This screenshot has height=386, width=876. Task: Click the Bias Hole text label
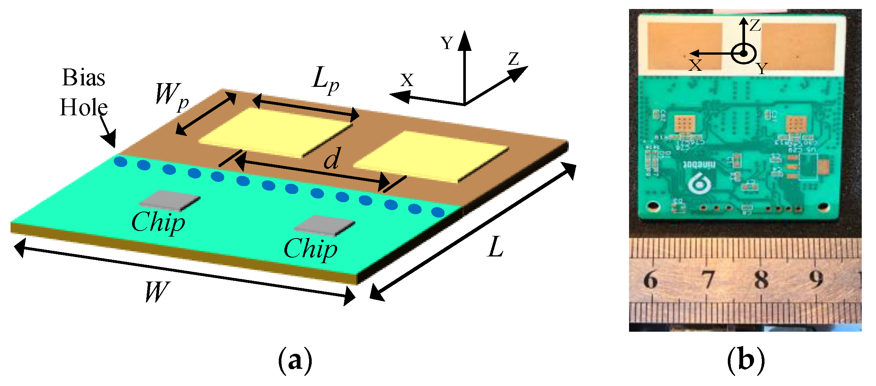84,92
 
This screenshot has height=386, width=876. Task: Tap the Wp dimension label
172,96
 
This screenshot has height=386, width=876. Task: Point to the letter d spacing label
332,158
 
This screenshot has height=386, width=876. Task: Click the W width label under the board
157,292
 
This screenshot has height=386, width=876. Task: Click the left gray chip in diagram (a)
170,200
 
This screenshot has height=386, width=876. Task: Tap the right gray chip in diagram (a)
324,225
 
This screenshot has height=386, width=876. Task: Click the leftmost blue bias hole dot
120,162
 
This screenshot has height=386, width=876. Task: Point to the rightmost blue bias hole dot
437,212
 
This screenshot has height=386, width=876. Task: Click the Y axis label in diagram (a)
447,43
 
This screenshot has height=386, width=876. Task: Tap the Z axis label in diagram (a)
514,59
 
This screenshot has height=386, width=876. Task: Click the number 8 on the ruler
761,280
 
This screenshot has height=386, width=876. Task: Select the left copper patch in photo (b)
684,46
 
